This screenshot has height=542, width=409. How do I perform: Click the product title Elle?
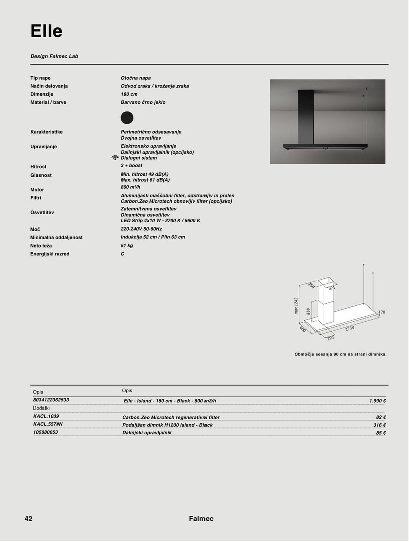(46, 31)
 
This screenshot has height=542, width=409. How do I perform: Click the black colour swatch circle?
(127, 117)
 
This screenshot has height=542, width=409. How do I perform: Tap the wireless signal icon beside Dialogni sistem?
(115, 158)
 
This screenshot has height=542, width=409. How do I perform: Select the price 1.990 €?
(377, 401)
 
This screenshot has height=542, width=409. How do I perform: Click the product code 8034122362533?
(51, 400)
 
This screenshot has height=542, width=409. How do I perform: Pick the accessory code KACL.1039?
(46, 416)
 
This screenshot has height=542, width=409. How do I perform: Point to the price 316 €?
(380, 425)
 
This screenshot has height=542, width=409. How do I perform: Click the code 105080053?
(45, 432)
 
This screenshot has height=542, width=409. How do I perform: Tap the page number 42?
(28, 519)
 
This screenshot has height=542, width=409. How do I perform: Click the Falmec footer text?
(201, 519)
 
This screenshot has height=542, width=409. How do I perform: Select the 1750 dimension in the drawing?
(349, 328)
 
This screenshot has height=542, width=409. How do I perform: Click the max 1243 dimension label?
(296, 305)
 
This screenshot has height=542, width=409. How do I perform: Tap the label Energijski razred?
(50, 254)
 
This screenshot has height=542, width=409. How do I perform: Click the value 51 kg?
(127, 246)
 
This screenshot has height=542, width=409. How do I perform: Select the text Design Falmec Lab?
(54, 56)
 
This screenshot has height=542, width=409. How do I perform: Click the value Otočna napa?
(136, 78)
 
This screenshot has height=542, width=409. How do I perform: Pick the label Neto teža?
(41, 246)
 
